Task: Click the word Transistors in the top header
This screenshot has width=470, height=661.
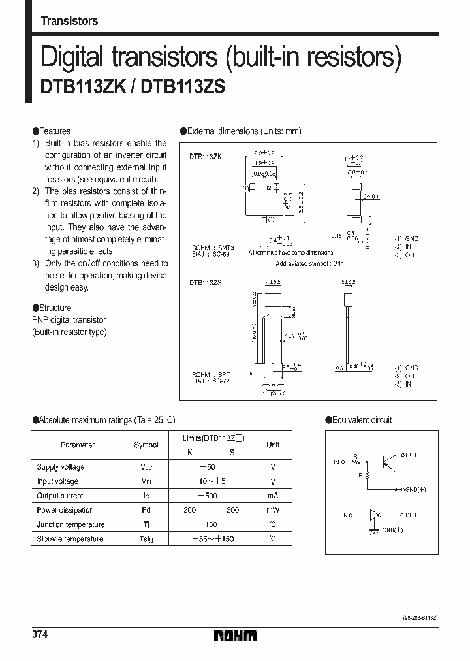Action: click(x=69, y=21)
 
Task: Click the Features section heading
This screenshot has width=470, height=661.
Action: click(x=54, y=131)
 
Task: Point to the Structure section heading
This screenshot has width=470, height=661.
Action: click(x=55, y=308)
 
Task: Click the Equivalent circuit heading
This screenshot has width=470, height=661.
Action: click(x=362, y=420)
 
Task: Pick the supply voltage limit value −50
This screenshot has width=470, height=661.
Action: click(x=208, y=467)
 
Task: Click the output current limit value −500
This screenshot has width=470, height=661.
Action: click(x=208, y=496)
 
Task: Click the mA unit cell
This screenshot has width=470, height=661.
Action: click(x=273, y=496)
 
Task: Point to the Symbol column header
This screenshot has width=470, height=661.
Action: click(x=146, y=445)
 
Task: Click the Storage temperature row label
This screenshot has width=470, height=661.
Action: click(x=70, y=539)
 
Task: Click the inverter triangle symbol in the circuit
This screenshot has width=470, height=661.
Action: click(x=374, y=515)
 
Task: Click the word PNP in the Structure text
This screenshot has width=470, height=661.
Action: click(x=40, y=320)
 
